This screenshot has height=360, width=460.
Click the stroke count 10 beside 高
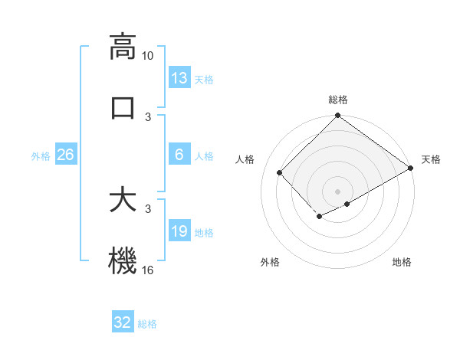[x=148, y=56]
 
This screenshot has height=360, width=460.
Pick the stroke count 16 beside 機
[x=148, y=270]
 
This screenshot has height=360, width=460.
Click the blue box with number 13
[x=179, y=78]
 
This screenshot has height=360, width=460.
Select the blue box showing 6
[x=179, y=155]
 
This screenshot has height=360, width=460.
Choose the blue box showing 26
[x=65, y=155]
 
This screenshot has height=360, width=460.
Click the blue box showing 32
[x=123, y=322]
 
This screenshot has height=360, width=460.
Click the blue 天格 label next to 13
[x=204, y=79]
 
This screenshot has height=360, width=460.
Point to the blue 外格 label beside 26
[x=41, y=155]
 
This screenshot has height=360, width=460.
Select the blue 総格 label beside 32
[x=147, y=323]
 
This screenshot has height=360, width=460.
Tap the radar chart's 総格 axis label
[x=338, y=100]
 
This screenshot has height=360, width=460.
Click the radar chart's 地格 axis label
[x=402, y=263]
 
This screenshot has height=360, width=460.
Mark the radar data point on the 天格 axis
[x=411, y=168]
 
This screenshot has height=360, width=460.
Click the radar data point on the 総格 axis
[x=338, y=116]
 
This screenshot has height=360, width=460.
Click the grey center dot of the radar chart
[x=338, y=191]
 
